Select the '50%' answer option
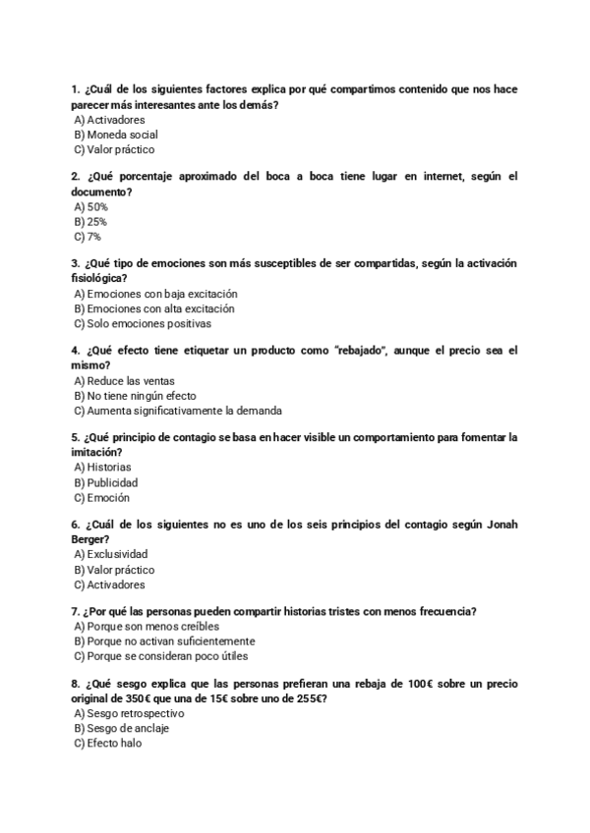[91, 207]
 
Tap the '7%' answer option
[88, 237]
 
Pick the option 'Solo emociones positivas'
[142, 323]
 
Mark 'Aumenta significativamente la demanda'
[177, 411]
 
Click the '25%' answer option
[90, 222]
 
